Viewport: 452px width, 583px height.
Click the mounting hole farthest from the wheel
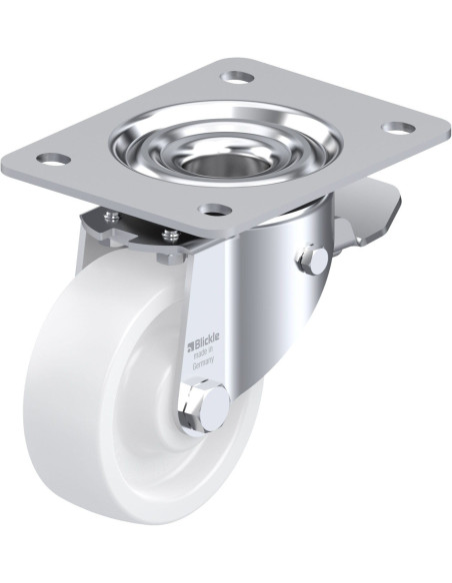(238, 77)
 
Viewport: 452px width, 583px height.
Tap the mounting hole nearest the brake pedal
(399, 128)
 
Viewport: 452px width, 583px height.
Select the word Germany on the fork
(203, 363)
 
